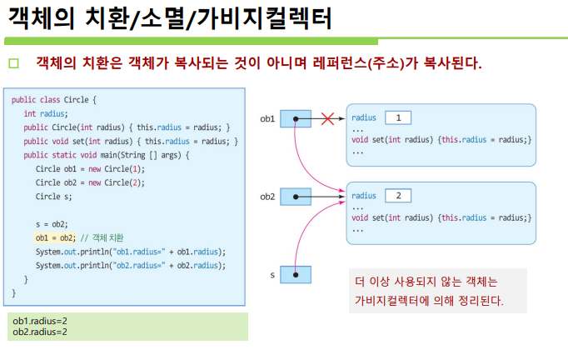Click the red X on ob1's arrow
pyautogui.click(x=327, y=118)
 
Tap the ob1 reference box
pyautogui.click(x=296, y=118)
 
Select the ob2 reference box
pyautogui.click(x=296, y=197)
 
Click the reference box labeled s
pyautogui.click(x=296, y=274)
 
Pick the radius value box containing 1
pyautogui.click(x=398, y=117)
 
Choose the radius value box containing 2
pyautogui.click(x=398, y=196)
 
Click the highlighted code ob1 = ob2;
pyautogui.click(x=55, y=237)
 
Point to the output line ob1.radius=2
pyautogui.click(x=40, y=321)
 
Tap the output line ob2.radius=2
pyautogui.click(x=40, y=332)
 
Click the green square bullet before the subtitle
pyautogui.click(x=14, y=63)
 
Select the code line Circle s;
pyautogui.click(x=53, y=197)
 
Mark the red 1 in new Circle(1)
pyautogui.click(x=135, y=169)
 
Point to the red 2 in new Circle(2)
pyautogui.click(x=135, y=182)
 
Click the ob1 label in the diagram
pyautogui.click(x=267, y=118)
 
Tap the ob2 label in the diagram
pyautogui.click(x=267, y=197)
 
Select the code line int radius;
pyautogui.click(x=46, y=114)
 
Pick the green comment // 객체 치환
pyautogui.click(x=102, y=237)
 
